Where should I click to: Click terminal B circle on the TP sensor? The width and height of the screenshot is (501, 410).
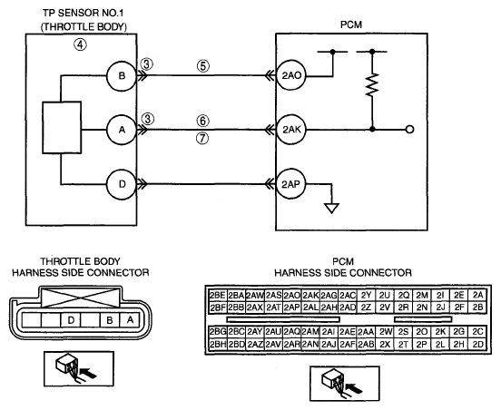click(122, 76)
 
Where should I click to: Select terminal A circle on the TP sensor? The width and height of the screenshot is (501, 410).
click(122, 130)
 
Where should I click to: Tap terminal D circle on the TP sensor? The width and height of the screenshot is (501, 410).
click(122, 184)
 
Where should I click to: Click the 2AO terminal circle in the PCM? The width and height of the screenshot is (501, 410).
click(291, 75)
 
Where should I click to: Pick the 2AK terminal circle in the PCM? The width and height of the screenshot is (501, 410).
click(291, 130)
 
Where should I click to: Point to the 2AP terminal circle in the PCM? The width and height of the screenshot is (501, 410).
click(291, 184)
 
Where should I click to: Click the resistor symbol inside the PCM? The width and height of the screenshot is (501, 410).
click(372, 84)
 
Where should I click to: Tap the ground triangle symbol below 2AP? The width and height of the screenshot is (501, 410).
click(331, 209)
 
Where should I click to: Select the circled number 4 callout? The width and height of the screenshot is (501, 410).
click(80, 44)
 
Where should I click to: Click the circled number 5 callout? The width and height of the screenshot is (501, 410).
click(203, 66)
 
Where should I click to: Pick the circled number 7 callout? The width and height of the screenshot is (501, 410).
click(202, 139)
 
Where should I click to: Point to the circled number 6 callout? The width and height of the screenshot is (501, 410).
click(203, 121)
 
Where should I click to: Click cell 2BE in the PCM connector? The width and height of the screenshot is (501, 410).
click(217, 295)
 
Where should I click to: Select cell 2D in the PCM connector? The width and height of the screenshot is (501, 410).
click(477, 344)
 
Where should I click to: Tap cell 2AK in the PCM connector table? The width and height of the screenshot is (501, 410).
click(310, 295)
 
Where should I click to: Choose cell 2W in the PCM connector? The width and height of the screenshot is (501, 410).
click(385, 332)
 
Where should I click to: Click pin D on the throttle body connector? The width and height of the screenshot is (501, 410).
click(71, 319)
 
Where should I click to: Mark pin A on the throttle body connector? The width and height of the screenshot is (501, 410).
click(130, 319)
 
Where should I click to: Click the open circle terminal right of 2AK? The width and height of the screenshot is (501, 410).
click(409, 130)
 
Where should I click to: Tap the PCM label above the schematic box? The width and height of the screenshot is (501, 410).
click(351, 24)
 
